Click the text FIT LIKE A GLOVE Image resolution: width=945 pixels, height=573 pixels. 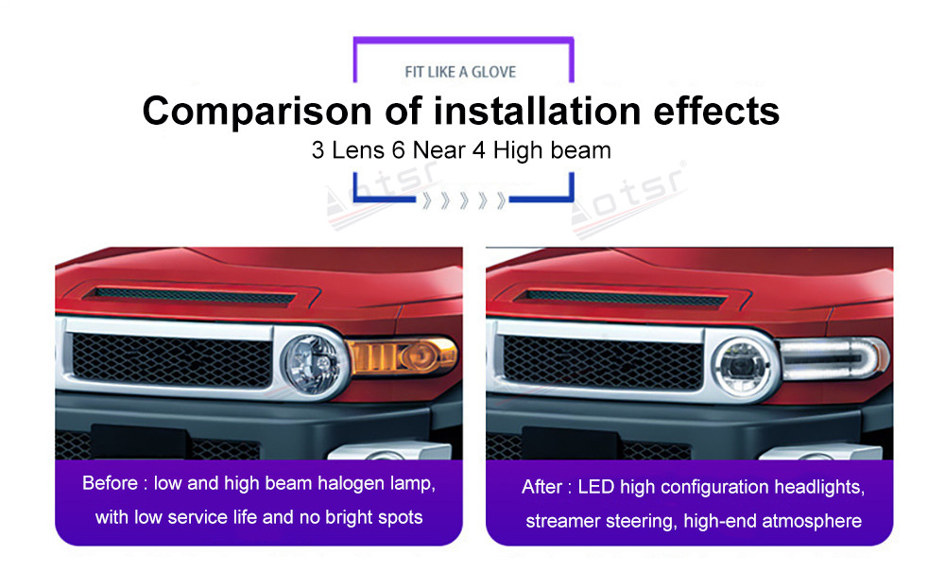point(460,72)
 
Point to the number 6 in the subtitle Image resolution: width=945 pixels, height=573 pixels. point(399,150)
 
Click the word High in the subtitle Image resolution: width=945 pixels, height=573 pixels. point(518,150)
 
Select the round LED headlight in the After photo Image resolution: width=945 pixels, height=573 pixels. point(742,366)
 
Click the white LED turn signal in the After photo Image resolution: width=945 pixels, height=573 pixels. point(833,358)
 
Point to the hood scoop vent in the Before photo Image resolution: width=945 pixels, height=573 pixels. point(190,296)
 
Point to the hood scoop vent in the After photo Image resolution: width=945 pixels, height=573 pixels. point(622,296)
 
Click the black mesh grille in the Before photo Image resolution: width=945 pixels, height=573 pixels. point(172,360)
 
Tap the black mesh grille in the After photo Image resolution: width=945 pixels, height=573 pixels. point(603,362)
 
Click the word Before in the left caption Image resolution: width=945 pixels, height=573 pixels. point(110,483)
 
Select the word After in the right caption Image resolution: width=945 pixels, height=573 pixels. point(541,487)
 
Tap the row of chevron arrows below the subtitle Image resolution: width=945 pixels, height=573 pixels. point(463,200)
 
